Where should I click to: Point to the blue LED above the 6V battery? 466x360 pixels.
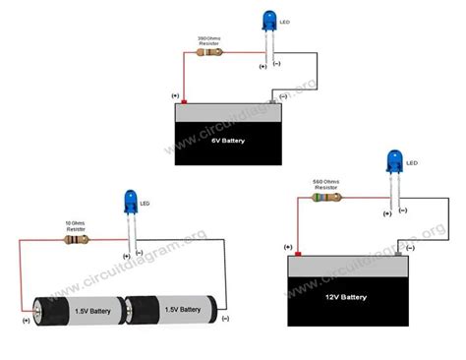[270, 22]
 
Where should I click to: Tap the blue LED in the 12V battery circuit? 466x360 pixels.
[394, 160]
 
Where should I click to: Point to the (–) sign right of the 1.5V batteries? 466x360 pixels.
[225, 319]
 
